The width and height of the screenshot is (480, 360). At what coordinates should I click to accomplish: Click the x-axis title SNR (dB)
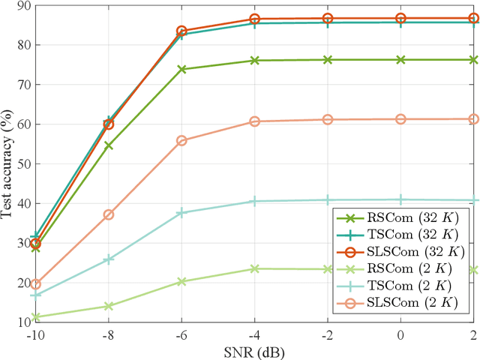click(x=254, y=351)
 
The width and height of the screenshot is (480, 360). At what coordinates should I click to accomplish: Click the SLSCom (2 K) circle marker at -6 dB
click(x=181, y=140)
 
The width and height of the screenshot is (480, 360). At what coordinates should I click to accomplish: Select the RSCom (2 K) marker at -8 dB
click(x=109, y=306)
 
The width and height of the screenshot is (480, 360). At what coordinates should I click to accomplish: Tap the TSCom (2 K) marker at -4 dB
click(x=255, y=201)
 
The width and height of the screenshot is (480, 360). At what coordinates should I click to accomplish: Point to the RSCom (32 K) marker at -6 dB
click(x=181, y=69)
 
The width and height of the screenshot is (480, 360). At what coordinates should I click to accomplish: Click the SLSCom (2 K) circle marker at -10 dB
click(x=35, y=284)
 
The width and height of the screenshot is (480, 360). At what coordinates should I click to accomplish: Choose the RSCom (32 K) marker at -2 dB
click(x=328, y=59)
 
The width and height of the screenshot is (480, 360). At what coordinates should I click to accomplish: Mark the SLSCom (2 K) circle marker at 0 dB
click(x=401, y=119)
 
